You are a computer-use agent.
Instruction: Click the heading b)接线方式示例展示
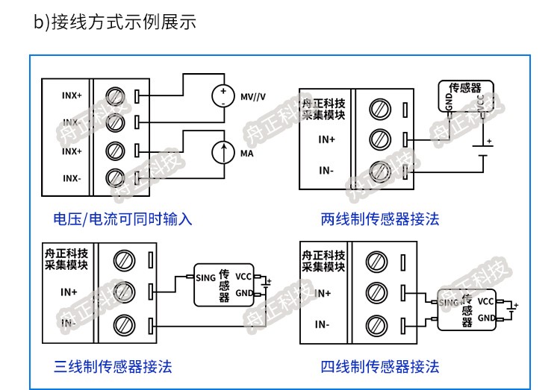(x=115, y=22)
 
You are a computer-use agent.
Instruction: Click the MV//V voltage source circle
(x=223, y=95)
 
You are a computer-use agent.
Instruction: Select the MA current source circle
(x=223, y=152)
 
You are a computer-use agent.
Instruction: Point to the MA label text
(x=247, y=153)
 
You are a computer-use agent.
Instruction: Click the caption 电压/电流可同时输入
(x=122, y=219)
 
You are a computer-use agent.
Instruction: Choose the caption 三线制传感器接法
(x=113, y=366)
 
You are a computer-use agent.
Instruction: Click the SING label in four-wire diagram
(x=447, y=302)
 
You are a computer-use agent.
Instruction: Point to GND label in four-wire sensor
(x=486, y=318)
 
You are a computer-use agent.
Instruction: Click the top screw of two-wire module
(x=382, y=108)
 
